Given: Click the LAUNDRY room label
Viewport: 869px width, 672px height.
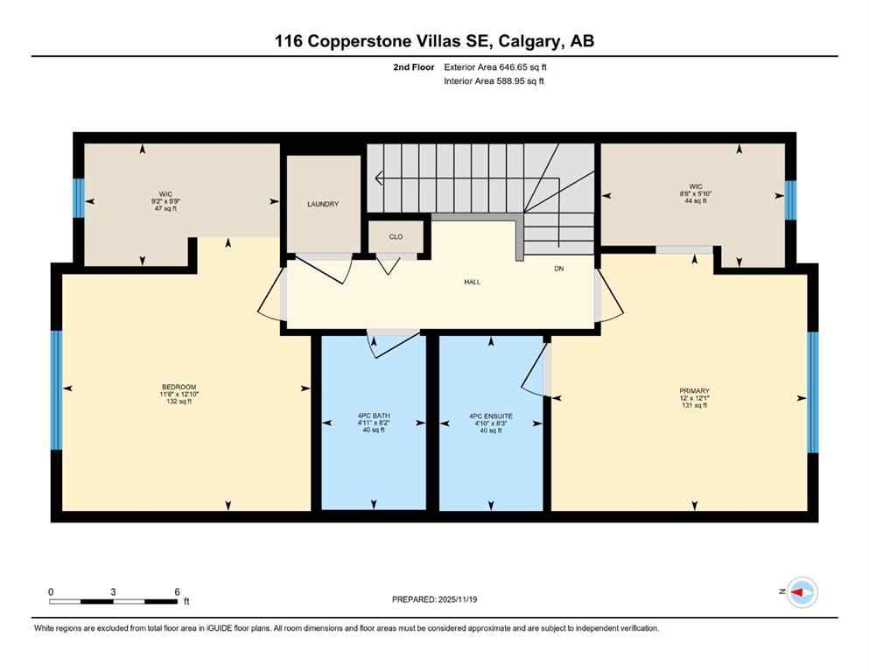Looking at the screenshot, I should pyautogui.click(x=322, y=204).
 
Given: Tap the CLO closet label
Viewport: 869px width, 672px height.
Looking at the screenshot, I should pyautogui.click(x=396, y=237).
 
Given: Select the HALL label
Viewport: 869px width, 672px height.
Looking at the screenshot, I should pyautogui.click(x=473, y=282).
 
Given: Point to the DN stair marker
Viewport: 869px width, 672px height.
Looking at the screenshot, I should pyautogui.click(x=558, y=268).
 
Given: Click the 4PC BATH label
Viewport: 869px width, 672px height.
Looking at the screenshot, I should pyautogui.click(x=373, y=416).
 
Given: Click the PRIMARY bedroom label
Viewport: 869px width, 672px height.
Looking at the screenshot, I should pyautogui.click(x=694, y=391).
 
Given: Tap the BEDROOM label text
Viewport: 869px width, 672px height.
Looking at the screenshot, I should pyautogui.click(x=179, y=387).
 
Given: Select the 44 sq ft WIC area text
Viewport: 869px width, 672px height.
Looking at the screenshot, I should pyautogui.click(x=696, y=200).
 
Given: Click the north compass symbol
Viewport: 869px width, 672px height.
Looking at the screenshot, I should pyautogui.click(x=801, y=592).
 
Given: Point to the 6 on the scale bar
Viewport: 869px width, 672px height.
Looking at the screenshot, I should pyautogui.click(x=177, y=591).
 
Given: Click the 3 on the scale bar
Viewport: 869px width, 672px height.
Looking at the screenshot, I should pyautogui.click(x=114, y=591).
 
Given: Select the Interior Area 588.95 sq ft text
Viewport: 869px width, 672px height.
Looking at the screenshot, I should pyautogui.click(x=494, y=81).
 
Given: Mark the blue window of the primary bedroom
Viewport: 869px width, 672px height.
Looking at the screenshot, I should pyautogui.click(x=812, y=392).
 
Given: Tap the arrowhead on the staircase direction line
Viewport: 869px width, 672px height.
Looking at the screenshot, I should pyautogui.click(x=378, y=180).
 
